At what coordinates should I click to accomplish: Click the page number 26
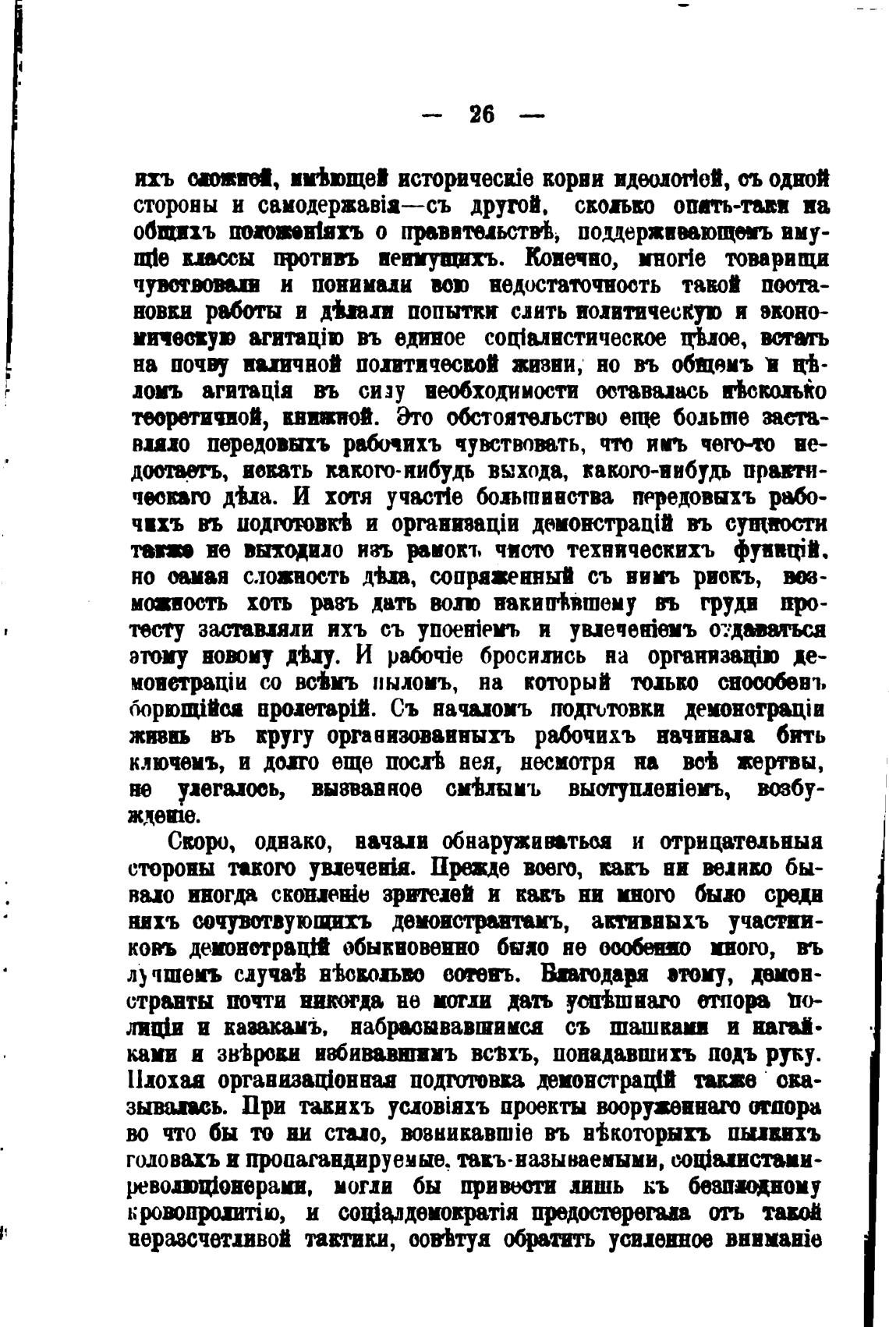coord(482,115)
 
